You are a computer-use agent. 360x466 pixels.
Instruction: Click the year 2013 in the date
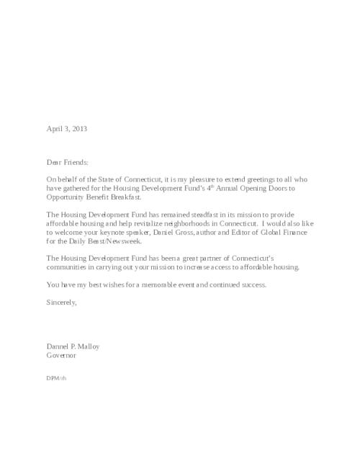click(80, 129)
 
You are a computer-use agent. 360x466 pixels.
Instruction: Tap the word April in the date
click(55, 129)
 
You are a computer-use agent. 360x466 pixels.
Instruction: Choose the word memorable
click(163, 284)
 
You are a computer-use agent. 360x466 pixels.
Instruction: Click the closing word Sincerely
click(61, 303)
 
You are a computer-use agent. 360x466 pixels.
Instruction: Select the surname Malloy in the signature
click(87, 346)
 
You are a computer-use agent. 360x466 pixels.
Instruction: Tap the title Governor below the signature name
click(61, 355)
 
